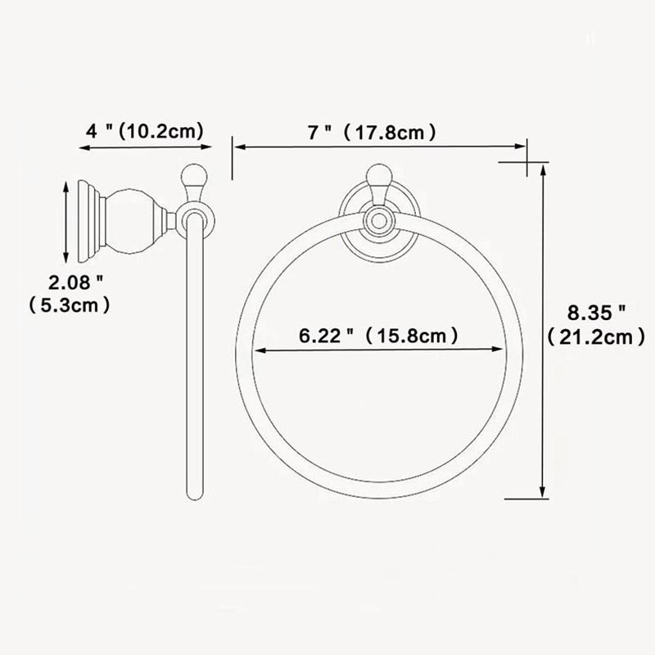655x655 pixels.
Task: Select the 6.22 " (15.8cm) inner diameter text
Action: tap(377, 335)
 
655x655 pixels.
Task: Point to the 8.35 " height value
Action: tap(597, 311)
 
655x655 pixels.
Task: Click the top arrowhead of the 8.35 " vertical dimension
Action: tap(543, 169)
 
